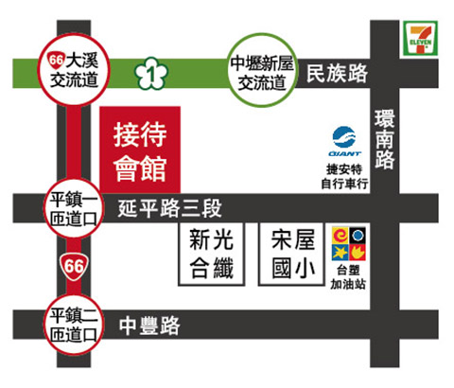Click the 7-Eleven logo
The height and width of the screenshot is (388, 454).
420,38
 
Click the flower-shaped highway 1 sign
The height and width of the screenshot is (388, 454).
151,73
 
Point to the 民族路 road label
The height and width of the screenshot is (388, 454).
337,74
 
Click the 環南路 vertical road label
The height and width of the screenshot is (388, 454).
385,139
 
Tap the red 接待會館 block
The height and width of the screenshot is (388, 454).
140,150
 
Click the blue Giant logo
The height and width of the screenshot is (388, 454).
344,141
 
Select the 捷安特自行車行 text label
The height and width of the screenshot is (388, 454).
344,177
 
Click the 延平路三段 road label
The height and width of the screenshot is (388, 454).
169,208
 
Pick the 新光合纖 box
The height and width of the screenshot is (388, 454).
212,254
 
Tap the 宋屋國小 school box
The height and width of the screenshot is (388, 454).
292,254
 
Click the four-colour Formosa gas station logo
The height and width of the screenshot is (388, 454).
349,243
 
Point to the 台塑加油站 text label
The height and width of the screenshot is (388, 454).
348,277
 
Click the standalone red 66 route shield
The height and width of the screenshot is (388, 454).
74,266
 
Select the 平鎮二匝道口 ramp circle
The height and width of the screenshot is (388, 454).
74,325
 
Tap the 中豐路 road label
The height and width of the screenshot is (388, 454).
149,326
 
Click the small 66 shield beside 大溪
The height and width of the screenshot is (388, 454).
56,60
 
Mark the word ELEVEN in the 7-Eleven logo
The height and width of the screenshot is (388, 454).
420,42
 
